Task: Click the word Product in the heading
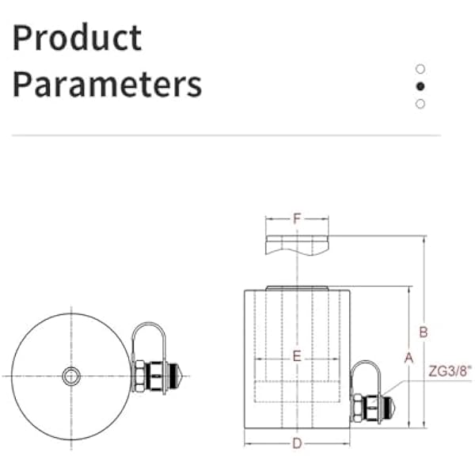click(77, 37)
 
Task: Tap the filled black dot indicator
click(420, 86)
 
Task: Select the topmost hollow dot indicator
click(420, 69)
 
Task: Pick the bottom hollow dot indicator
click(420, 104)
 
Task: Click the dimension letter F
click(297, 218)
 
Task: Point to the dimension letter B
click(424, 332)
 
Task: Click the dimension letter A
click(409, 358)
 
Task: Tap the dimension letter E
click(297, 356)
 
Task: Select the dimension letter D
click(297, 444)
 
